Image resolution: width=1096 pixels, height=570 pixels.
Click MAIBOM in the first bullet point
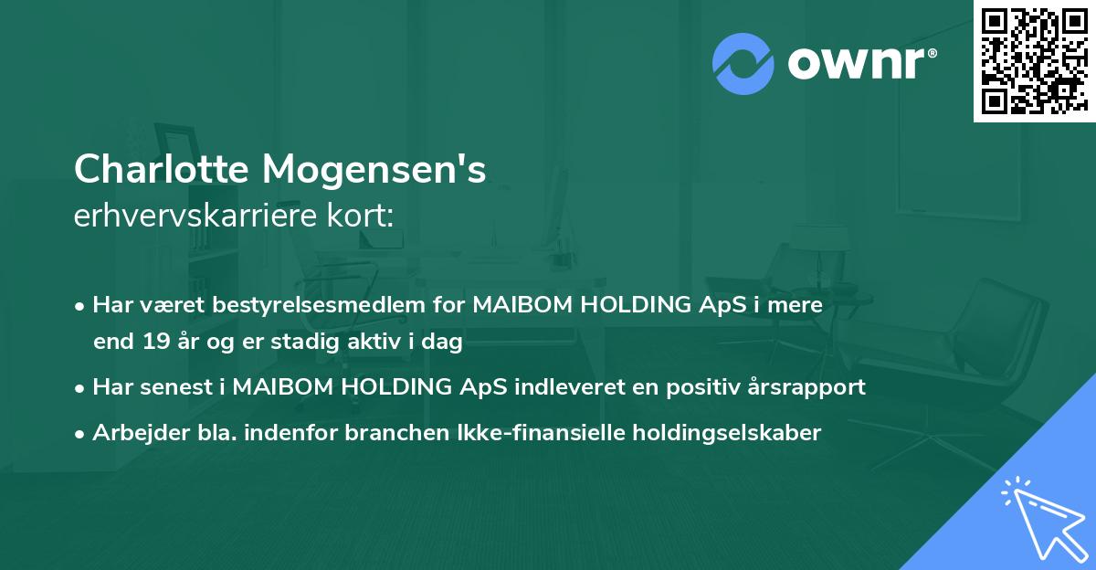coord(519,305)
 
